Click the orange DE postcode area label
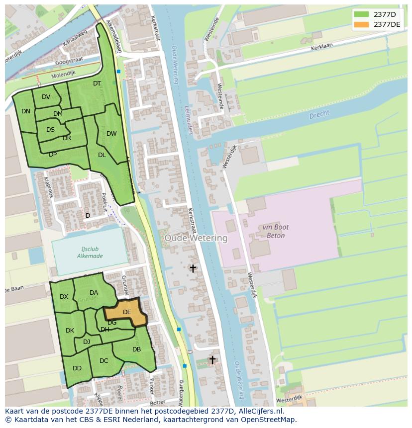point(127,312)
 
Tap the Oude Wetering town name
point(196,238)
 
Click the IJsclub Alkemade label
point(90,253)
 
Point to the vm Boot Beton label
point(273,231)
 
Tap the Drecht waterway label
point(319,114)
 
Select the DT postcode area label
point(97,84)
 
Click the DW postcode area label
point(111,133)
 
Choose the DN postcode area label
point(26,111)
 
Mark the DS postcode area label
point(50,130)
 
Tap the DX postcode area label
point(64,297)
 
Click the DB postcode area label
point(136,349)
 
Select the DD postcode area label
point(77,368)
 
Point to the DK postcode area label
point(70,331)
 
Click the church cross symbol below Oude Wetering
point(193,268)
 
